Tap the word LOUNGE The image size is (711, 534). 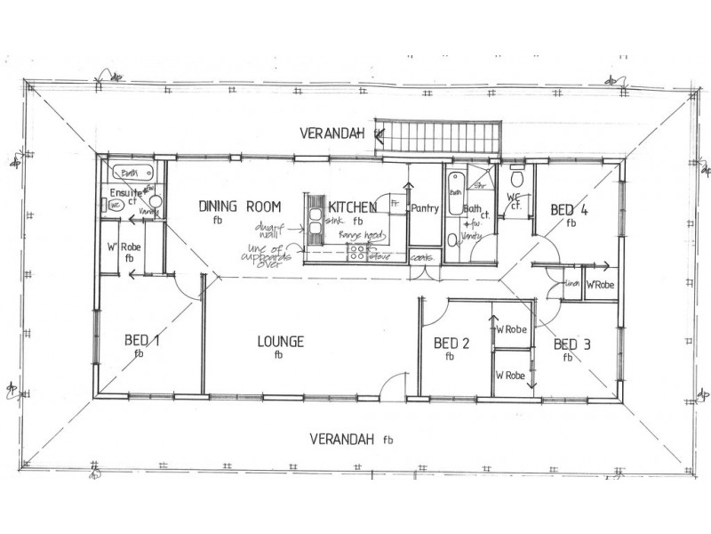click(280, 342)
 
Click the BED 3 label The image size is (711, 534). click(571, 344)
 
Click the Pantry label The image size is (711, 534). click(425, 209)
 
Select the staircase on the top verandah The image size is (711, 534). click(439, 137)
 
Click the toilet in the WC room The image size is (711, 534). click(519, 176)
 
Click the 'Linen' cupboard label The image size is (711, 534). click(572, 285)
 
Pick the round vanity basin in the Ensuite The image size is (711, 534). click(156, 201)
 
